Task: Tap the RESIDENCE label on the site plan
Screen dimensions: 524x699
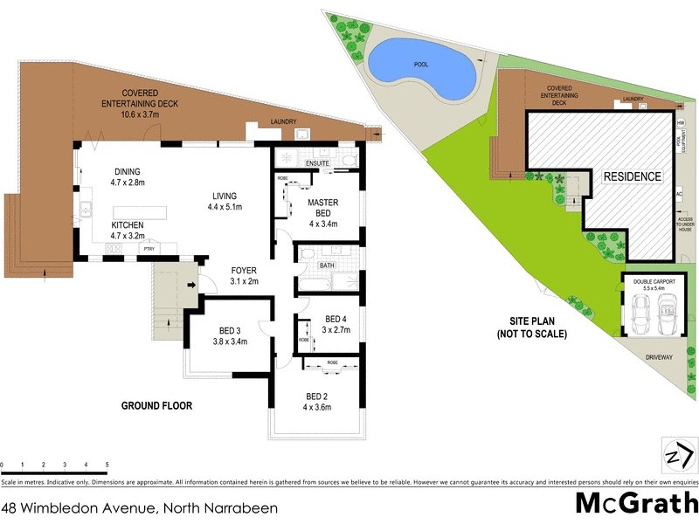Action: click(x=632, y=176)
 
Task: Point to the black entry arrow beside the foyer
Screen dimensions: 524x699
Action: click(x=191, y=284)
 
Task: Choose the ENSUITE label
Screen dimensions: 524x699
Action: click(x=318, y=163)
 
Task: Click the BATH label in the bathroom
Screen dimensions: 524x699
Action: click(x=327, y=265)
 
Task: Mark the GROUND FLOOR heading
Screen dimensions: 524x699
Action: click(x=157, y=406)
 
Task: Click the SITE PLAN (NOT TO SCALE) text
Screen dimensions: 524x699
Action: click(x=533, y=327)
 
